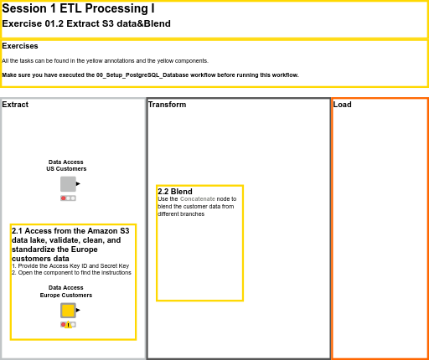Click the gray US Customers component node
pos(68,183)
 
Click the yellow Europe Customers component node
pos(68,310)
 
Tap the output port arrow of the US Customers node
pos(79,183)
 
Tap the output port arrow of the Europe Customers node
pos(79,310)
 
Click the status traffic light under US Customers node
pos(68,198)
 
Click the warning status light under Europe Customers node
pos(68,325)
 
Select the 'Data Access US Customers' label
pos(66,165)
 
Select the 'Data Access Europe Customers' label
pos(66,291)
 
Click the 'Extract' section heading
pos(15,105)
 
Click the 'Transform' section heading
pos(167,105)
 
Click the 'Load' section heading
pos(342,105)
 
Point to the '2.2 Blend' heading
pos(174,192)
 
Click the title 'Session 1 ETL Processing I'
pos(78,8)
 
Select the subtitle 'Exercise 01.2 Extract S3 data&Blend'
pos(86,23)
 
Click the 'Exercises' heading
pos(19,46)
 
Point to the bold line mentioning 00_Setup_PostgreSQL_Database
pos(150,75)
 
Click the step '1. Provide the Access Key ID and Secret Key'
pos(70,265)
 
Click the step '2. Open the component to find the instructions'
pos(71,273)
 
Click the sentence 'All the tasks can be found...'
pos(105,61)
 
